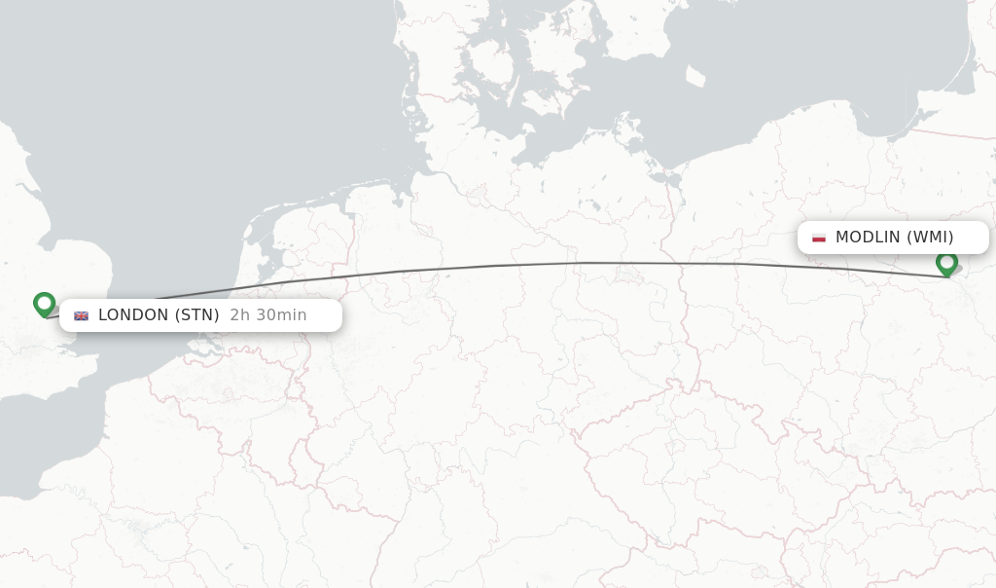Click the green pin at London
point(44,304)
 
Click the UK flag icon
point(81,315)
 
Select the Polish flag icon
point(819,238)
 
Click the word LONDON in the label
point(132,315)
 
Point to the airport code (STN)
point(197,315)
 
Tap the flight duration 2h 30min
point(268,315)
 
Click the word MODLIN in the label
point(868,238)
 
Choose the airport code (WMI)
point(930,238)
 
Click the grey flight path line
point(584,263)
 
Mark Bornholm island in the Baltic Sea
point(694,76)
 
